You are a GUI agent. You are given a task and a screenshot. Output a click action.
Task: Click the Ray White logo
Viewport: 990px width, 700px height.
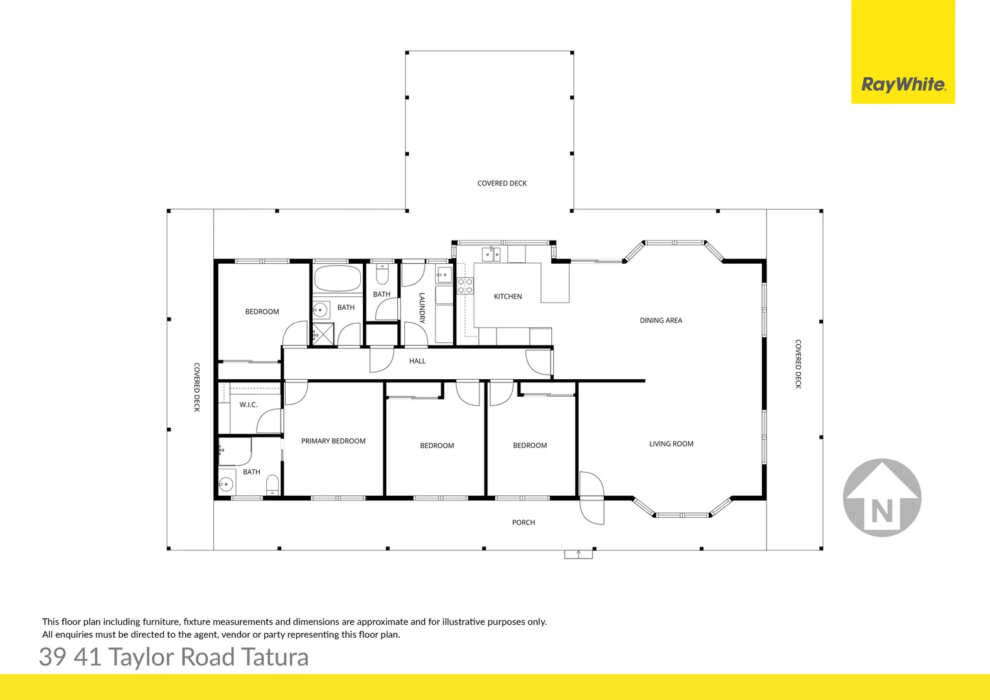[903, 84]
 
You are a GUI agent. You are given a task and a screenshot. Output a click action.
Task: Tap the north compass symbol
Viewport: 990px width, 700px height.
[882, 498]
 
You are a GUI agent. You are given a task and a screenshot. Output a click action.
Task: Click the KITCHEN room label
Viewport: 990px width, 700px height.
[507, 297]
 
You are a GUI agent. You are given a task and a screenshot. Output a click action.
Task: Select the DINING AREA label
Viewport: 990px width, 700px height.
[660, 320]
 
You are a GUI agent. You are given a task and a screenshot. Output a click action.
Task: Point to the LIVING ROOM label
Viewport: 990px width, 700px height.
[671, 444]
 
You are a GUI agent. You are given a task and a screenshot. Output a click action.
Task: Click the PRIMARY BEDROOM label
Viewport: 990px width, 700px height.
[333, 441]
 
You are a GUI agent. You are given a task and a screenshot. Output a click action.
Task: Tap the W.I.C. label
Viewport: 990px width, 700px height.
[248, 404]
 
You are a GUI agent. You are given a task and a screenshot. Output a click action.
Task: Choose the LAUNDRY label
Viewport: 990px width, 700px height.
[422, 309]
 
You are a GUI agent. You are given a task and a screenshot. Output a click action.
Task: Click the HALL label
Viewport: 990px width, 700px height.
[417, 361]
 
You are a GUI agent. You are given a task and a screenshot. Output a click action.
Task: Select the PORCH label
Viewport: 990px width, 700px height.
[524, 522]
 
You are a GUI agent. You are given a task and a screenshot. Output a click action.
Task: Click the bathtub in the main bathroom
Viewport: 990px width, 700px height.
[338, 279]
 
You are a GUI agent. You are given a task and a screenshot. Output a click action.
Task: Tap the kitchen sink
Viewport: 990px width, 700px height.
[491, 253]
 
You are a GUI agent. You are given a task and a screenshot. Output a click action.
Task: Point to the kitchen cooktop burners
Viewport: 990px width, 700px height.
[465, 286]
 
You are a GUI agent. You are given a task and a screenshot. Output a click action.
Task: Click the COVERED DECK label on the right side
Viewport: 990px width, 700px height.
[798, 364]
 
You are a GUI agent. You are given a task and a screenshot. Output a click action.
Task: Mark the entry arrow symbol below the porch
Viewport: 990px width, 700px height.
[578, 554]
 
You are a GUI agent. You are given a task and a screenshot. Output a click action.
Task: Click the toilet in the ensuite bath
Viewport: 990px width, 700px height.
[273, 485]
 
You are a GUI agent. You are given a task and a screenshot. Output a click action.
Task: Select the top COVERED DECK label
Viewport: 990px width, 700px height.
[501, 183]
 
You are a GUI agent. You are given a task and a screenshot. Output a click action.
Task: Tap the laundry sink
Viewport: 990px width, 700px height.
[444, 274]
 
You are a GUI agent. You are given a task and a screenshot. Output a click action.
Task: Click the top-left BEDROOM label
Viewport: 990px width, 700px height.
[262, 312]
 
